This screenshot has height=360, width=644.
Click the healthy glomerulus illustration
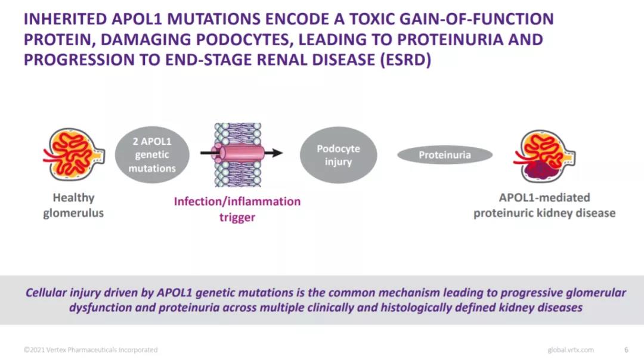click(x=74, y=154)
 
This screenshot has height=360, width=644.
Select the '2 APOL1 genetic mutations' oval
click(x=152, y=155)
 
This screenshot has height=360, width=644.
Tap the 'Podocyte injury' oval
click(x=339, y=155)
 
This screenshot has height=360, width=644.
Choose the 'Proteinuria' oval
click(x=445, y=155)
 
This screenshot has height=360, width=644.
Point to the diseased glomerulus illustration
click(x=544, y=156)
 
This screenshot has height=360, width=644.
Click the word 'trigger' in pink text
click(x=237, y=217)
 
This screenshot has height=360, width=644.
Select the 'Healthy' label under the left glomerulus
click(x=73, y=198)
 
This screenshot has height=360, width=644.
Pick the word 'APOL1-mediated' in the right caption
click(x=544, y=197)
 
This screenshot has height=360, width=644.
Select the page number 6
click(x=626, y=350)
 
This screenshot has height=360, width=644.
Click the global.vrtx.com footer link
click(x=571, y=350)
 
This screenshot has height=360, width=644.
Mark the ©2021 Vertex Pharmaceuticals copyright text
click(x=91, y=350)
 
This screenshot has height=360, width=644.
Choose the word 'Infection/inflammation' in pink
click(x=237, y=201)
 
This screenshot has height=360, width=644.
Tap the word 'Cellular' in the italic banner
click(x=45, y=293)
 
